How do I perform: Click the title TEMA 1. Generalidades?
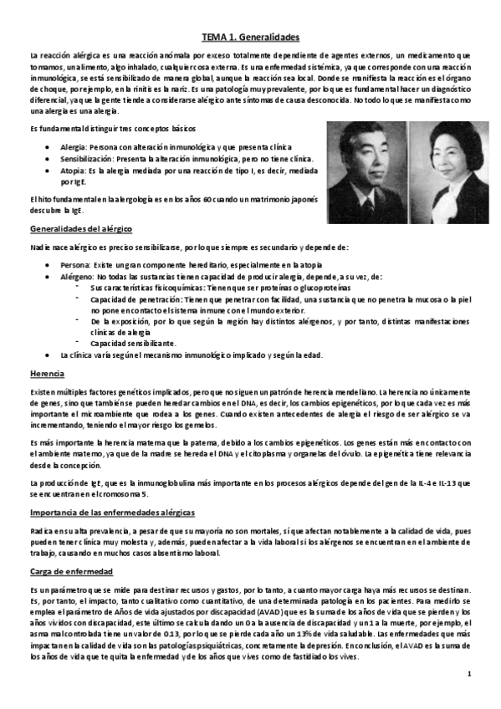(250, 38)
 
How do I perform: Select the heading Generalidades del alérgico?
(79, 228)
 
